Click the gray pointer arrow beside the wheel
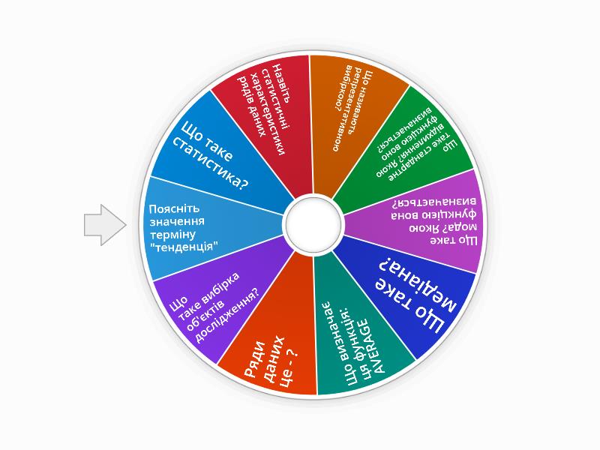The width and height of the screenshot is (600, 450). (x=105, y=224)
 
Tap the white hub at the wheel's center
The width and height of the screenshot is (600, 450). (x=313, y=223)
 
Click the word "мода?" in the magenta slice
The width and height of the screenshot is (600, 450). (x=463, y=228)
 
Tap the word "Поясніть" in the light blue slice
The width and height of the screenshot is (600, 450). (x=174, y=209)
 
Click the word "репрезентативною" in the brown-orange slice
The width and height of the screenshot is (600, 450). (x=350, y=108)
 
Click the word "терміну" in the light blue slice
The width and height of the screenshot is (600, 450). (x=172, y=234)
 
